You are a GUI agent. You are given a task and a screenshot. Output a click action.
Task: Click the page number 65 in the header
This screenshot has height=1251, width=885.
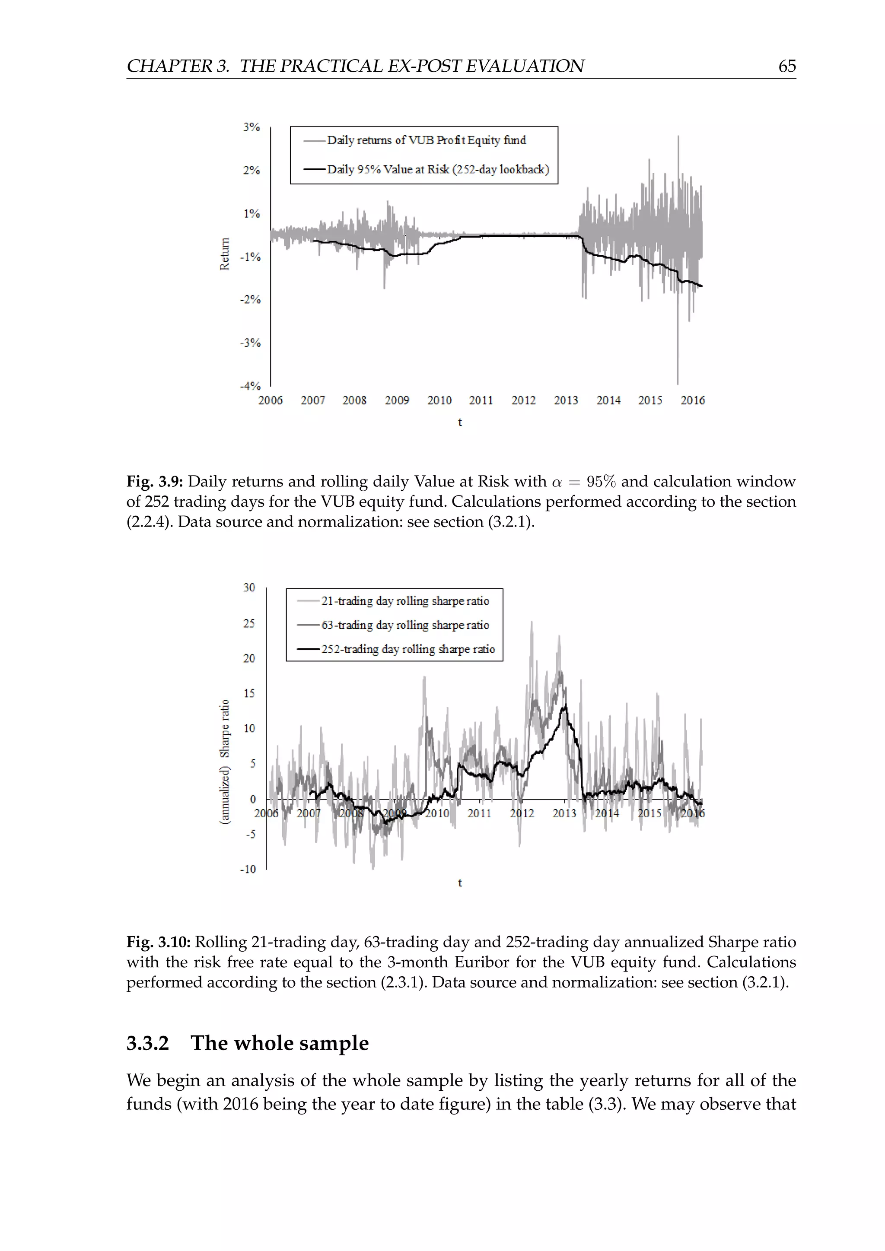tap(787, 66)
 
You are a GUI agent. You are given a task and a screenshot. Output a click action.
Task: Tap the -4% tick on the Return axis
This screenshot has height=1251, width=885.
tap(250, 386)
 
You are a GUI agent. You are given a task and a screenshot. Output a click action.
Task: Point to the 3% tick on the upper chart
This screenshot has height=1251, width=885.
tap(251, 127)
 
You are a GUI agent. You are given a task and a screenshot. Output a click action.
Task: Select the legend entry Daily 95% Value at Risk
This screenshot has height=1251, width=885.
tap(438, 169)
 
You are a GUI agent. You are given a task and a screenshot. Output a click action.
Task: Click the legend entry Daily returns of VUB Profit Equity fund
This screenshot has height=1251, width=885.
tap(426, 140)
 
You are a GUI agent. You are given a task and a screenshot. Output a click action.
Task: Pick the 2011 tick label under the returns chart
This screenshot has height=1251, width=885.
tap(481, 400)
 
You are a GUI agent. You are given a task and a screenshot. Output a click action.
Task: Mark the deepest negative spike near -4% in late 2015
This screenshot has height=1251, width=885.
tap(678, 381)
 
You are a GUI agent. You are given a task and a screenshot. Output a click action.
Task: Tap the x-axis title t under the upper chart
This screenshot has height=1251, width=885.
tap(460, 422)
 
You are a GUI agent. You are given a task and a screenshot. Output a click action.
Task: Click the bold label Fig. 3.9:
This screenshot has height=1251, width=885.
tap(155, 482)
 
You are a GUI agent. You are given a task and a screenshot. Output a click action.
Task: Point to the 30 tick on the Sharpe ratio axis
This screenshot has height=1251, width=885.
tap(249, 587)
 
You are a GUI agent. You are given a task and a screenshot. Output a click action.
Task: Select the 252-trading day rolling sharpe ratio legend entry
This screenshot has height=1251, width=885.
tap(407, 649)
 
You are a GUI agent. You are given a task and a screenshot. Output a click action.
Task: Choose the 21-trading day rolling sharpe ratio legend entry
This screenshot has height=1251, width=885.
tap(405, 601)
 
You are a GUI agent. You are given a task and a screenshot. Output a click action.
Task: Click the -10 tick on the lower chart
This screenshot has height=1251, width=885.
tap(248, 869)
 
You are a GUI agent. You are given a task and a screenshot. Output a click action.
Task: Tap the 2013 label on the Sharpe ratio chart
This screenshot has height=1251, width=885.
tap(564, 813)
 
